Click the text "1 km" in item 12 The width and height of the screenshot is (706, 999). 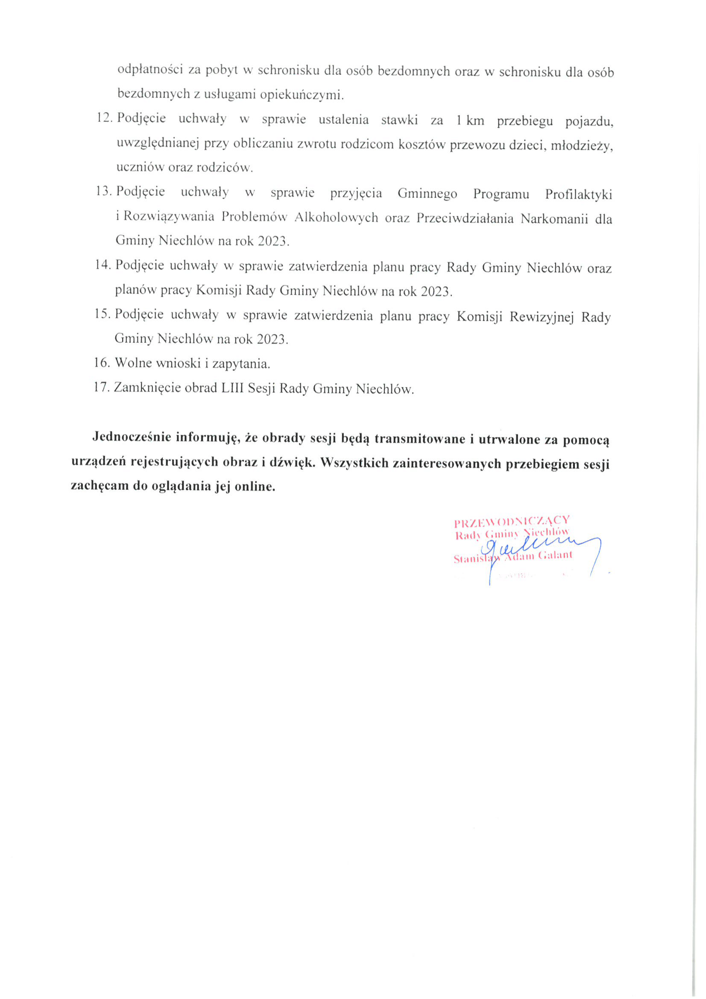pos(470,121)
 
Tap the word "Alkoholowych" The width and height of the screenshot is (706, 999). pos(336,217)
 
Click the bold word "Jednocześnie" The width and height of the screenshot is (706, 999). pos(132,436)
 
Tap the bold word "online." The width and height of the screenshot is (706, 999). pos(255,486)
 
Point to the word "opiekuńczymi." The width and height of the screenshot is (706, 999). pos(302,94)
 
